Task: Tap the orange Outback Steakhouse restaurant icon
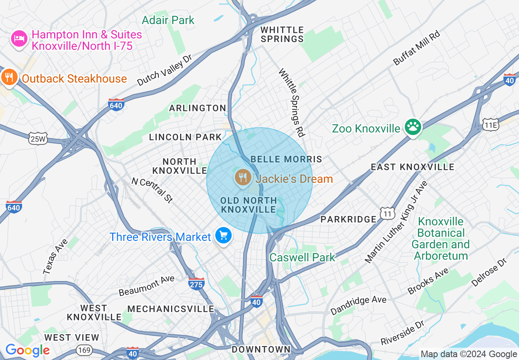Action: coord(9,77)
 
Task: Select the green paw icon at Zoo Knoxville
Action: coord(413,127)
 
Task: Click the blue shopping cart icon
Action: coord(223,236)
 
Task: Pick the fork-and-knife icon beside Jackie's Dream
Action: coord(243,178)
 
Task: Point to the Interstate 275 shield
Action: coord(196,283)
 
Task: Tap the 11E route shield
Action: coord(490,125)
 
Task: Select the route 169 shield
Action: coord(83,350)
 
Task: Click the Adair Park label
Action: coord(168,20)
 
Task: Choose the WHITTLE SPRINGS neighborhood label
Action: coord(282,34)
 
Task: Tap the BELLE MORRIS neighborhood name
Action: coord(286,159)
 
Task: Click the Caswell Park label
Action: coord(302,257)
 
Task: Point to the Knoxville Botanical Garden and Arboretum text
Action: coord(440,239)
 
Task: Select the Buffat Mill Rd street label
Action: coord(416,48)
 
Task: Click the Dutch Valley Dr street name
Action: coord(164,70)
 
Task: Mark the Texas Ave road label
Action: coord(56,256)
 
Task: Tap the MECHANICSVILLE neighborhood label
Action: coord(171,309)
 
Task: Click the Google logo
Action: coord(27,351)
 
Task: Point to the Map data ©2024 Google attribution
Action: coord(469,354)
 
